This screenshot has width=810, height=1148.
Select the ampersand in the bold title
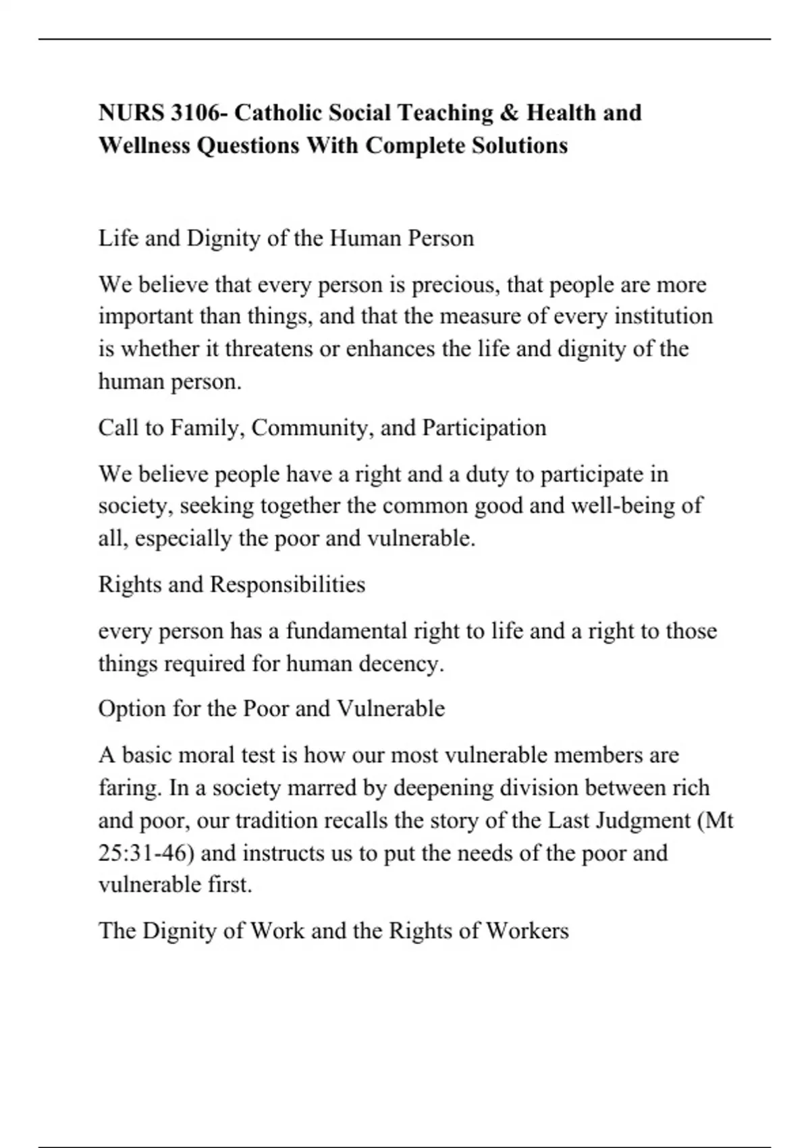point(510,113)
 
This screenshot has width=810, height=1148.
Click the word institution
point(664,317)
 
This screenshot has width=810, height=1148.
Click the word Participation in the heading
point(484,428)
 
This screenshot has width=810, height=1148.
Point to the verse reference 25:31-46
point(146,853)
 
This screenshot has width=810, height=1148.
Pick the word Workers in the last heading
point(527,931)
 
